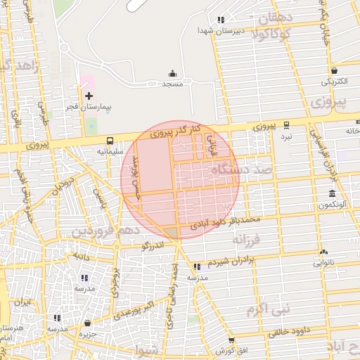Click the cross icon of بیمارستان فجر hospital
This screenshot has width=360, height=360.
click(x=89, y=96)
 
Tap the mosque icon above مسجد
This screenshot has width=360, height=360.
click(x=172, y=73)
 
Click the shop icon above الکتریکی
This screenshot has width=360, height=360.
click(x=335, y=70)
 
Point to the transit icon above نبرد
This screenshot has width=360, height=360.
click(x=286, y=124)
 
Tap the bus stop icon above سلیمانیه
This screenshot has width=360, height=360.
click(x=110, y=140)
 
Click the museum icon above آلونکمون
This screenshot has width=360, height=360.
click(x=331, y=193)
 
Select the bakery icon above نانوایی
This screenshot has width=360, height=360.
click(x=323, y=252)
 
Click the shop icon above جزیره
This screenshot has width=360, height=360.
click(x=87, y=323)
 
